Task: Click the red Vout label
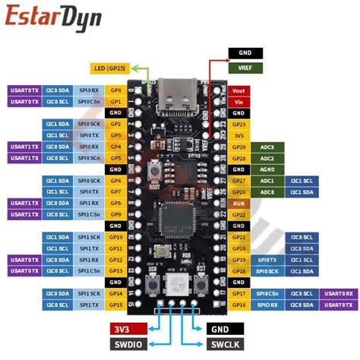238,90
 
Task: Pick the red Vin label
238,101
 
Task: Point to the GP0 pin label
115,90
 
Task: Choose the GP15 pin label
115,305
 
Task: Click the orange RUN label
238,204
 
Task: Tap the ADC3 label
267,146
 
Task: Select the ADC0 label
267,192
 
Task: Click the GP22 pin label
238,215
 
